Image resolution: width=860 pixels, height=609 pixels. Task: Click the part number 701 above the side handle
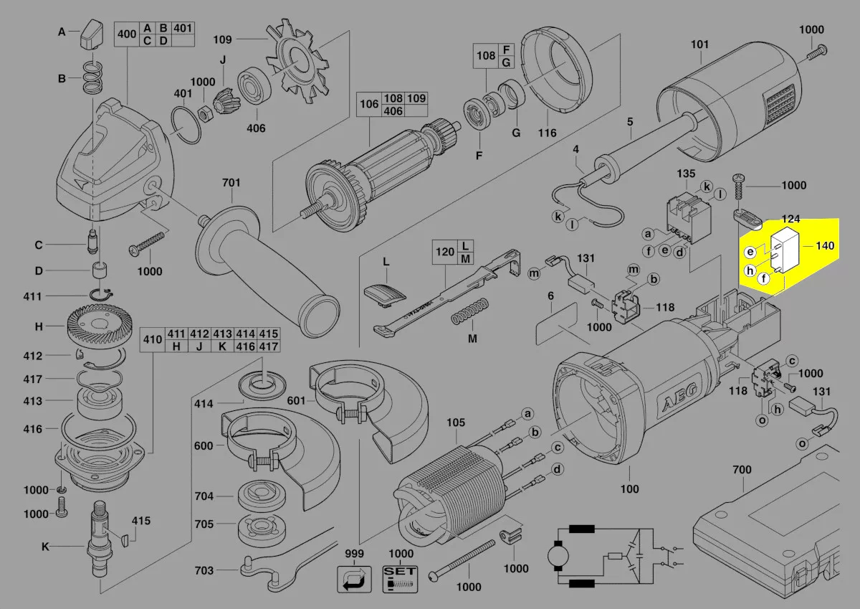[x=231, y=182]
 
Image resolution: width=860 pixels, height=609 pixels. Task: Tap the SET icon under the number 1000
[x=400, y=579]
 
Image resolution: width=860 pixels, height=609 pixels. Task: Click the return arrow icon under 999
[x=354, y=579]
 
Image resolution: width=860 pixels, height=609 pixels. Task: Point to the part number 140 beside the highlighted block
[x=825, y=245]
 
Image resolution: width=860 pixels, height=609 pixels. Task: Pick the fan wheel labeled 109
[x=297, y=62]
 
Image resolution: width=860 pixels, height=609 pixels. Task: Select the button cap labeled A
[x=92, y=34]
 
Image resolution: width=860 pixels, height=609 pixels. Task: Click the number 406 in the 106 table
[x=393, y=111]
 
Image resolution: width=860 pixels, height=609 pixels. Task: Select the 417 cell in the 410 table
[x=268, y=346]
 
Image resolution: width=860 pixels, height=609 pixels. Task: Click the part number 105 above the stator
[x=455, y=422]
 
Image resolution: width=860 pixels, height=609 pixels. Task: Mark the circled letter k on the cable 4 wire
[x=558, y=217]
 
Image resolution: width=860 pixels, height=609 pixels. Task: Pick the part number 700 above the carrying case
[x=742, y=470]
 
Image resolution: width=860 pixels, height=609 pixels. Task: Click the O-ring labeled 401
[x=186, y=126]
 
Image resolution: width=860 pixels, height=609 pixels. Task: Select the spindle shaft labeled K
[x=100, y=542]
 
